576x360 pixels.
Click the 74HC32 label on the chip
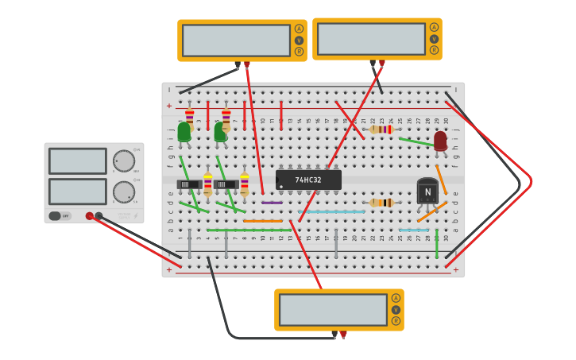(308, 180)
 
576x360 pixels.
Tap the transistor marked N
(427, 192)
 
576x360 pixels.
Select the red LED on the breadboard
(440, 141)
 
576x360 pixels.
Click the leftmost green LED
(184, 132)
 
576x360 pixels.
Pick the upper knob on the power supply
(124, 161)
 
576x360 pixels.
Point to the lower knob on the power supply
(124, 192)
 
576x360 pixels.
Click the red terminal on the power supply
(90, 215)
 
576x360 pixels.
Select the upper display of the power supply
(77, 161)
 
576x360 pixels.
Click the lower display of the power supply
(77, 192)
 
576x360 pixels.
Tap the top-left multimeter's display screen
(236, 41)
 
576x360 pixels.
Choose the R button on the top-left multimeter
(299, 52)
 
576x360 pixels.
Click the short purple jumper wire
(272, 203)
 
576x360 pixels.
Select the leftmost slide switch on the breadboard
(188, 184)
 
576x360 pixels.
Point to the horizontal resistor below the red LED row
(381, 203)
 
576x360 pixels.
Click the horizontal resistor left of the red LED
(381, 130)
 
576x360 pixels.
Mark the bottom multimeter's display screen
(333, 310)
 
